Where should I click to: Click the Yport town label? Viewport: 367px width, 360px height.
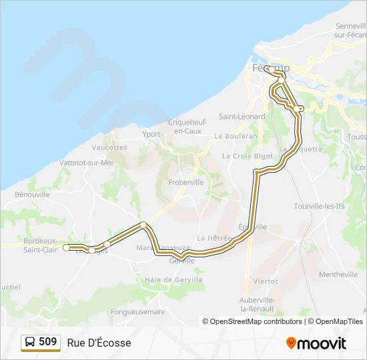[x=151, y=134]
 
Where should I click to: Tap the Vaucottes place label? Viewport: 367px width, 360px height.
[x=109, y=147]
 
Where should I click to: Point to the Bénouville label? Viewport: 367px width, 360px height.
[x=32, y=195]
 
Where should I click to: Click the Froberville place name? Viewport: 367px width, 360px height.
[x=186, y=182]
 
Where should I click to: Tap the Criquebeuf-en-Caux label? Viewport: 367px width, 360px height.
[x=188, y=127]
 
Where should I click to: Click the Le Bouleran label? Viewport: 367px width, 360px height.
[x=236, y=136]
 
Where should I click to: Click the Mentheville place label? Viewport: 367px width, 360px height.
[x=338, y=275]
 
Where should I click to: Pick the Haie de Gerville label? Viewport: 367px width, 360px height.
[x=173, y=280]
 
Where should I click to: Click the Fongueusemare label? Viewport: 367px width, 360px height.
[x=137, y=311]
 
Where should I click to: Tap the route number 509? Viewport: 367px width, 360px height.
[x=48, y=342]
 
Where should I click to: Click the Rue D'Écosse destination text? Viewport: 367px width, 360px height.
[x=99, y=343]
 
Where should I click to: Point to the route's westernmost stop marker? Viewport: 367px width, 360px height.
[x=66, y=247]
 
